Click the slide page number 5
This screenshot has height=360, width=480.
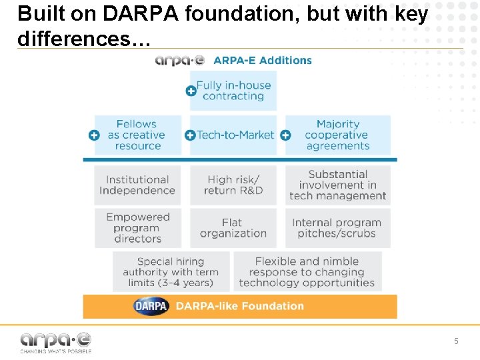point(456,341)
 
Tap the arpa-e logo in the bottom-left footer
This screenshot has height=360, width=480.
point(56,342)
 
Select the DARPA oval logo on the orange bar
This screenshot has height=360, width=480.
point(151,307)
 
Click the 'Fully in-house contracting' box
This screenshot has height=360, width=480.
point(233,91)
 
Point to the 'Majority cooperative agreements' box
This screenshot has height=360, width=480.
point(338,135)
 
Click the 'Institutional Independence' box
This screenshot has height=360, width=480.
point(137,185)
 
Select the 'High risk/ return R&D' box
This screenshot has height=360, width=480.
point(233,185)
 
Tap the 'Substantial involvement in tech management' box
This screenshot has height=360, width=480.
point(338,185)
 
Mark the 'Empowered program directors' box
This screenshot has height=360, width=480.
point(137,228)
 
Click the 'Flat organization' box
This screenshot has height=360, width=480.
point(233,228)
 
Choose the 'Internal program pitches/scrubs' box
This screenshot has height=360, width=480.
point(338,228)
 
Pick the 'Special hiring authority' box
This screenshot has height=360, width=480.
point(171,272)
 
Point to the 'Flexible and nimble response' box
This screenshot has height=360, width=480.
point(307,272)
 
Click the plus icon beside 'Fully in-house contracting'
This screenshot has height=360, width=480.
point(191,91)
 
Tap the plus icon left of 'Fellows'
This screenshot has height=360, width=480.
point(95,135)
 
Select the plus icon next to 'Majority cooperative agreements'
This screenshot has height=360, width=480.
point(285,135)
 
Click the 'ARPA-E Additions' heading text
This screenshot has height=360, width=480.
point(263,60)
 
